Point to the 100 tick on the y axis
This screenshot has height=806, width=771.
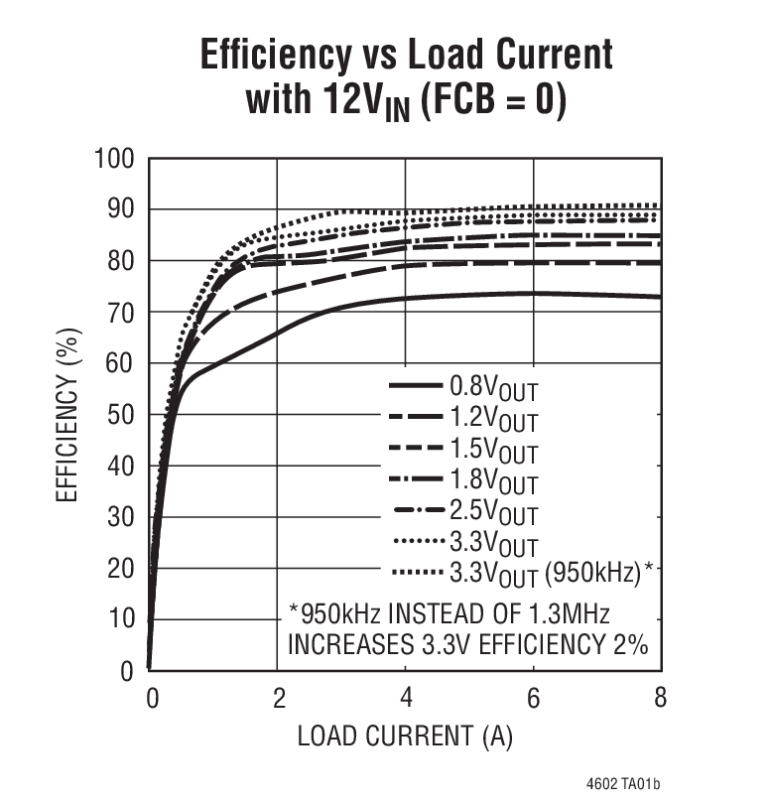point(115,159)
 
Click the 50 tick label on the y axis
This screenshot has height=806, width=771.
point(121,415)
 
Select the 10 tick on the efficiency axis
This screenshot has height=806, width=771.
point(121,619)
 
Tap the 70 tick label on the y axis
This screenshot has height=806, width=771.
point(121,313)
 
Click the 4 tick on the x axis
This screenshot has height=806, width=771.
point(405,698)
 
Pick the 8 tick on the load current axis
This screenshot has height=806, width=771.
point(660,698)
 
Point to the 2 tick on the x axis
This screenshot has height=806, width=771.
point(277,698)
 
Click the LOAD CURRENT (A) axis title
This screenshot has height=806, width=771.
point(405,737)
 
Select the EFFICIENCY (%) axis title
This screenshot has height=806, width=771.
point(66,414)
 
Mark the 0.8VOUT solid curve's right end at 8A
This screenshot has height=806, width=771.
point(660,297)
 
